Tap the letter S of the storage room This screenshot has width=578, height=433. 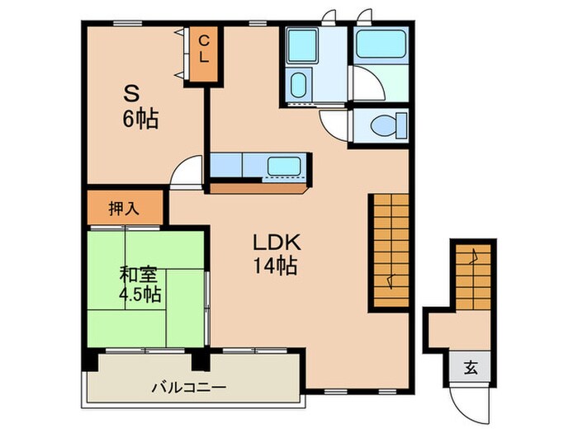[x=131, y=93]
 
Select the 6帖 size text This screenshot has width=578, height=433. [x=140, y=119]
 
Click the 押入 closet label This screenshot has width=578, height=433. [x=124, y=209]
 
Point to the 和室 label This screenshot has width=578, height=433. [x=138, y=275]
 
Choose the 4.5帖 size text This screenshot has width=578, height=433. [x=140, y=294]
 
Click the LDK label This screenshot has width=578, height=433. [x=277, y=242]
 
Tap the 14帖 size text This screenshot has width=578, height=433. [x=275, y=266]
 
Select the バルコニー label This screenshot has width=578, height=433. [x=188, y=388]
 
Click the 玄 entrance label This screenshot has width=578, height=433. [x=471, y=368]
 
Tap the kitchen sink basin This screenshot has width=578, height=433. [x=284, y=166]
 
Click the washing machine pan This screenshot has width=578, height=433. [x=303, y=45]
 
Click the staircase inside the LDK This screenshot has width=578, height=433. [x=391, y=251]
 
